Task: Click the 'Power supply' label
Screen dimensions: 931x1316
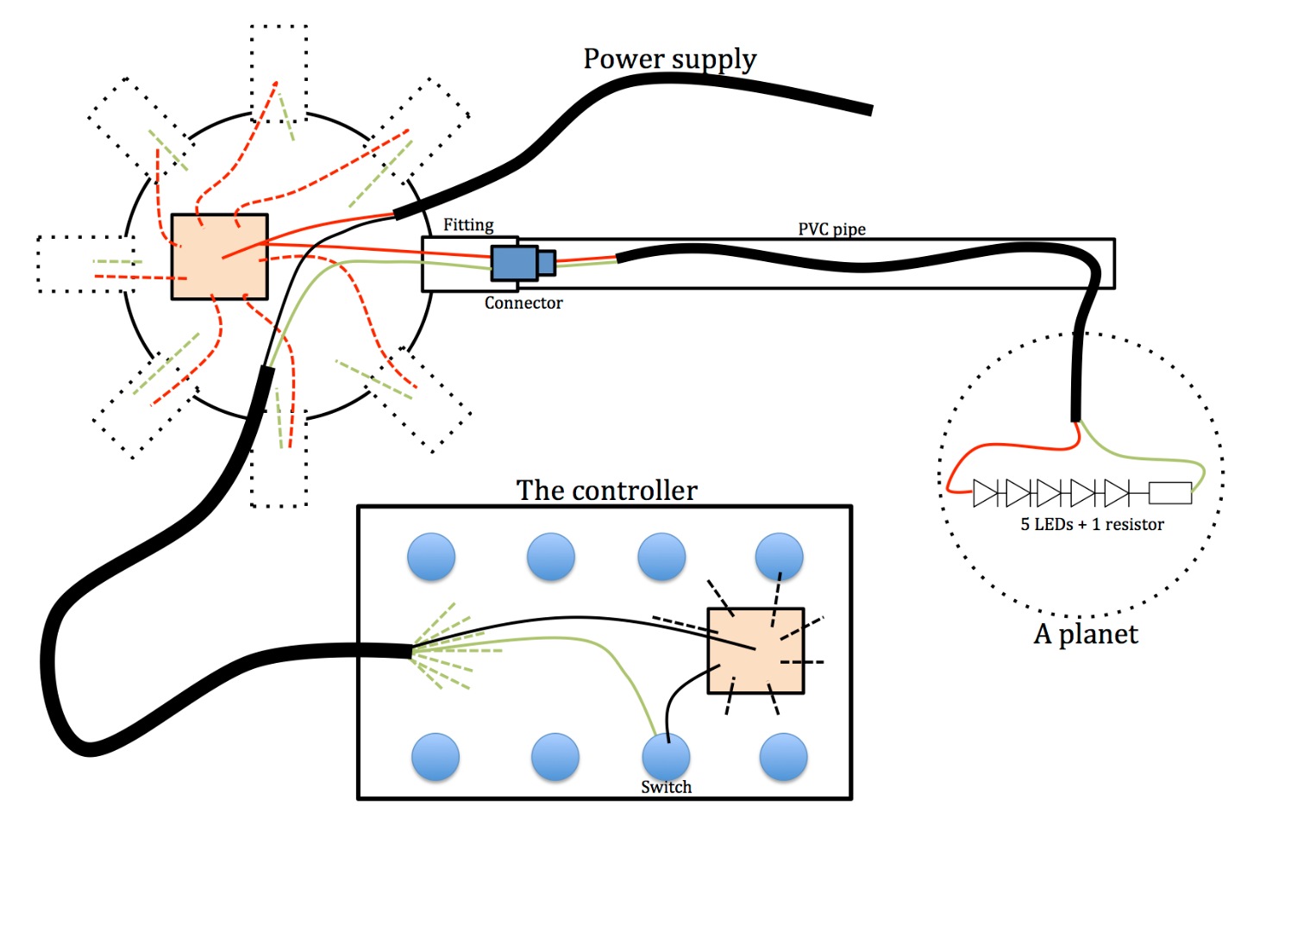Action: [x=669, y=59]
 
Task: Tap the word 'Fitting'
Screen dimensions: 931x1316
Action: [x=468, y=225]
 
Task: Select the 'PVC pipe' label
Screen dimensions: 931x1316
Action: [x=831, y=229]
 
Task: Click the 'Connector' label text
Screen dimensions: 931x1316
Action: [x=523, y=303]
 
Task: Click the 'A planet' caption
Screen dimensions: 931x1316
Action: [x=1086, y=634]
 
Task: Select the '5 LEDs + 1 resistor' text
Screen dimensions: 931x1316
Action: [x=1092, y=524]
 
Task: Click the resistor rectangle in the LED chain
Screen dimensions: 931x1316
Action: [x=1170, y=493]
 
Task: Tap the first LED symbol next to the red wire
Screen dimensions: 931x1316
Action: [x=986, y=493]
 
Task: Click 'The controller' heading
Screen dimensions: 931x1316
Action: [x=606, y=490]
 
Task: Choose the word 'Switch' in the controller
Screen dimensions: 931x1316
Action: [x=666, y=787]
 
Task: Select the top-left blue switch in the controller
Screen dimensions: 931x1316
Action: [x=431, y=556]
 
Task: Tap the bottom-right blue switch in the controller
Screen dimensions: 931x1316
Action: [x=783, y=757]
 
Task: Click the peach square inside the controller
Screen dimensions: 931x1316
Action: [x=755, y=651]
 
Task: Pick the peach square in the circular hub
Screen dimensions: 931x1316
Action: [x=219, y=257]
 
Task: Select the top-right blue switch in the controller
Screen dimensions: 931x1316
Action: [x=779, y=556]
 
